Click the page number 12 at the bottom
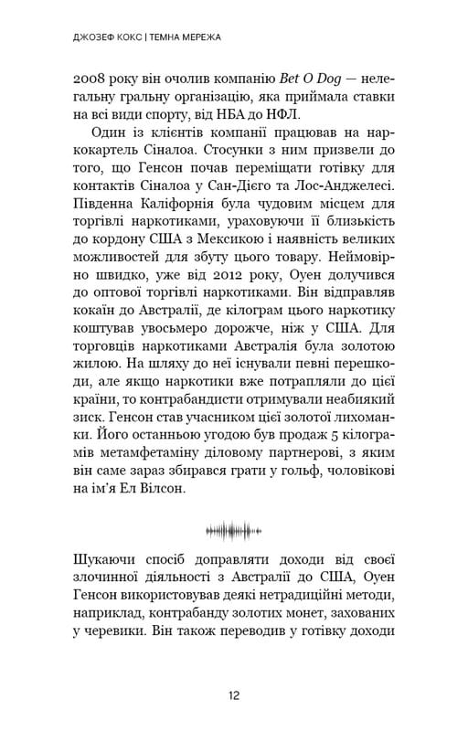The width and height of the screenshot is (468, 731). (234, 695)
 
